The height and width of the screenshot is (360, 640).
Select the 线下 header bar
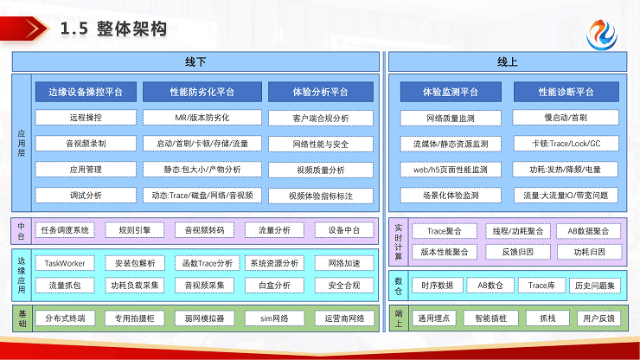point(195,62)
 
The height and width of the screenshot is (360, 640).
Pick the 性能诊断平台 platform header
point(566,92)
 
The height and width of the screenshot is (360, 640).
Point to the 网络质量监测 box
point(451,117)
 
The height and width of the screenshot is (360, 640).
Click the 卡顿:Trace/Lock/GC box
point(566,143)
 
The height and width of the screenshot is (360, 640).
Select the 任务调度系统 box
point(65,230)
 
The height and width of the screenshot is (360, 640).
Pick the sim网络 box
point(273,318)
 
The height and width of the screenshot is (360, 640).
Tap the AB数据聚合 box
point(588,231)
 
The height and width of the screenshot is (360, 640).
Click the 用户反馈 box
point(599,318)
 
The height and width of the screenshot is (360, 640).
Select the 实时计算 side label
point(399,241)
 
